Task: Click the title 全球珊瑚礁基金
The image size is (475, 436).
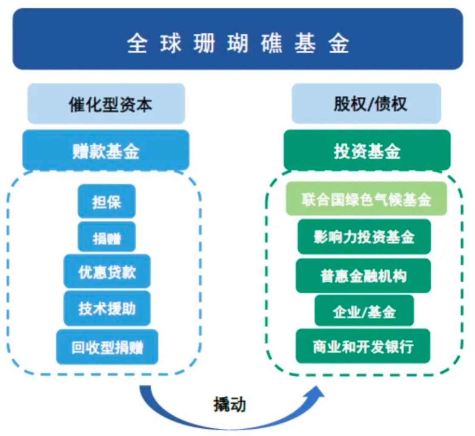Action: [x=238, y=43]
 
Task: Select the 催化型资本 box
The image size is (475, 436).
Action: [x=106, y=104]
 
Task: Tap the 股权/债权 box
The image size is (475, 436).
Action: [x=366, y=104]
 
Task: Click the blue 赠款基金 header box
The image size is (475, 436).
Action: [x=106, y=150]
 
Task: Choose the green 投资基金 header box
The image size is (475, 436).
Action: [x=367, y=150]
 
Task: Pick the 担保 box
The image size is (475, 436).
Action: [x=107, y=201]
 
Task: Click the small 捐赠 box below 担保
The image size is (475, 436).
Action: [x=107, y=237]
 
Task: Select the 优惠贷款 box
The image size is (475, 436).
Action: [x=107, y=271]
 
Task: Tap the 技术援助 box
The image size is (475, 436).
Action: [x=107, y=308]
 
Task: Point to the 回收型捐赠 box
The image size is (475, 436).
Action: [x=107, y=347]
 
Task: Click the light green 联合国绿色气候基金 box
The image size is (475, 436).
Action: [x=366, y=199]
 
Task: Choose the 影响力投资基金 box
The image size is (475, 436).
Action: [x=364, y=237]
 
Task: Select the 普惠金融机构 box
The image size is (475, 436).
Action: [x=363, y=275]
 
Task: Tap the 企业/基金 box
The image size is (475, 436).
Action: [x=364, y=311]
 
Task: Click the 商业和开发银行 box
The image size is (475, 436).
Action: [x=363, y=346]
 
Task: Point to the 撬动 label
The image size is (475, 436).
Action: [x=229, y=404]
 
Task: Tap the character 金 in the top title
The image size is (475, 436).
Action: [x=339, y=43]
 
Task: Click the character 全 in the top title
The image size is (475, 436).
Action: [x=137, y=43]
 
